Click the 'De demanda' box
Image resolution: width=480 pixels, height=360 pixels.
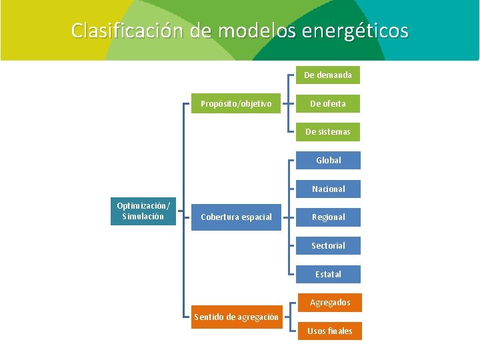[327, 75]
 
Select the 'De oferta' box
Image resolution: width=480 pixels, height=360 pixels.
[327, 103]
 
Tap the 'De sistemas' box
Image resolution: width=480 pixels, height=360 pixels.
[327, 132]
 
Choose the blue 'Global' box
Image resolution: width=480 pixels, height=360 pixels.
[328, 160]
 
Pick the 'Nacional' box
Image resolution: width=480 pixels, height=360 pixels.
[328, 189]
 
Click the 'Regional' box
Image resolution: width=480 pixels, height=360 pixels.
[328, 217]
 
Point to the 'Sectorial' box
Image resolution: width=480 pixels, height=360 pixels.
[328, 246]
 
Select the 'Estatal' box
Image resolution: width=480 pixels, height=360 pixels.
[328, 274]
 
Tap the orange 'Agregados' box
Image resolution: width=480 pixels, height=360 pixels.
[329, 303]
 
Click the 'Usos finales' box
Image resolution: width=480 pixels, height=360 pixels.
[329, 331]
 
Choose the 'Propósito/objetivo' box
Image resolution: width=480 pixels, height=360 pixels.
[236, 103]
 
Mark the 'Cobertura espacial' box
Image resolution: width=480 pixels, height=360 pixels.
[236, 217]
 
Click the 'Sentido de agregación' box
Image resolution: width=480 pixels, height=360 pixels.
[236, 317]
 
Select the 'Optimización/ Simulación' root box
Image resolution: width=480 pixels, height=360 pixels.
[143, 211]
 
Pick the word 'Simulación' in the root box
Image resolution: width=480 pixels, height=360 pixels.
[143, 216]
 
